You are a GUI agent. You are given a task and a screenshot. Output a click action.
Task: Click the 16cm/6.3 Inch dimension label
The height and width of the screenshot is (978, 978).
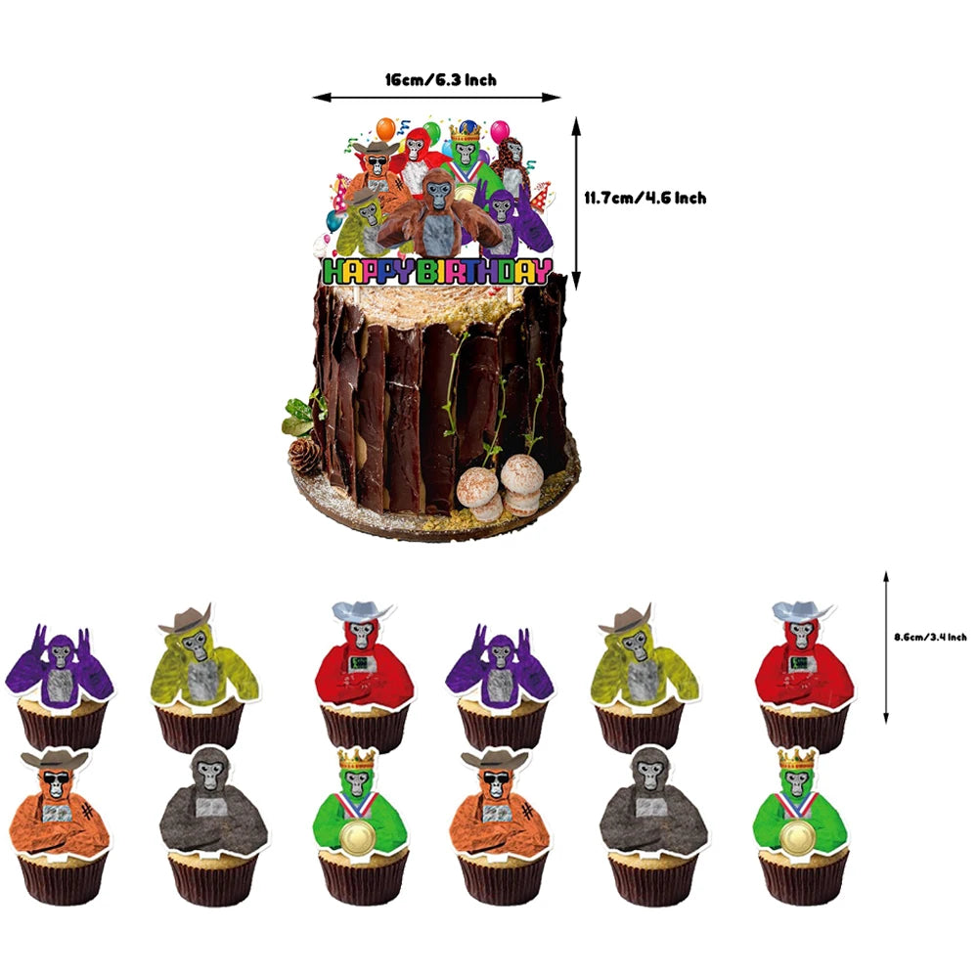coord(441,80)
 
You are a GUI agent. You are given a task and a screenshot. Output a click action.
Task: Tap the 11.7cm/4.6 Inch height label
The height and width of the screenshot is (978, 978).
coord(645,199)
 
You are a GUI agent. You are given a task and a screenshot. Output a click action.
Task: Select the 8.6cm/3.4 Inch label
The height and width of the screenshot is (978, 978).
coord(930,637)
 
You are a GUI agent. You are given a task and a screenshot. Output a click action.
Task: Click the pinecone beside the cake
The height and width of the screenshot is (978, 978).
coord(304,456)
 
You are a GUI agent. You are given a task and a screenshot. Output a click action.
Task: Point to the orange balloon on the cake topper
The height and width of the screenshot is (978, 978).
coord(386,128)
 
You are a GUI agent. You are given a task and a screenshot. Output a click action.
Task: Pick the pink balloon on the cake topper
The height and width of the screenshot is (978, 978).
coord(500,131)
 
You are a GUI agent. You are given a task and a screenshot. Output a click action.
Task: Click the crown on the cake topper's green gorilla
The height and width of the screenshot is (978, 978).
coord(466,130)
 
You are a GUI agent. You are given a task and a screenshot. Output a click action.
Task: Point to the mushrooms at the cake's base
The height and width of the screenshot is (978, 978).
coord(499,485)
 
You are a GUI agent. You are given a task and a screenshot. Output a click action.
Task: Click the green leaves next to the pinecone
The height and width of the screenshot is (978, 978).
coord(302,414)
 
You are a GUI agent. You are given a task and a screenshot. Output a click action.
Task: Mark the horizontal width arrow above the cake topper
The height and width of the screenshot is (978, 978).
coord(436,97)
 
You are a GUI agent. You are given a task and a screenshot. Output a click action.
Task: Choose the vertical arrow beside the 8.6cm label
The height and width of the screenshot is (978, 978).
coord(886,646)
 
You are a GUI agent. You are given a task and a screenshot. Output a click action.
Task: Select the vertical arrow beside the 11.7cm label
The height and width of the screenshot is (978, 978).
coord(576,203)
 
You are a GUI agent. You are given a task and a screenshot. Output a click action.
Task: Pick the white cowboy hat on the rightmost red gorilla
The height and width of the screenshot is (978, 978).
coord(802,610)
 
